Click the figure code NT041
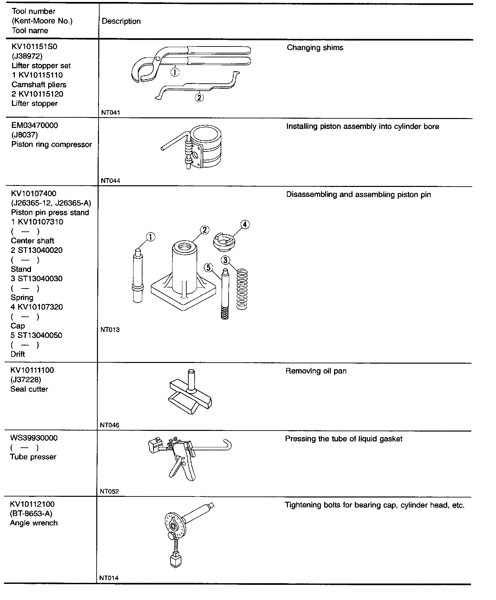tap(110, 113)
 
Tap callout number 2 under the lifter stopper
tap(199, 98)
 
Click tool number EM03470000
tap(35, 126)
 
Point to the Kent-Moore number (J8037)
tap(24, 135)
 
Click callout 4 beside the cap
tap(245, 225)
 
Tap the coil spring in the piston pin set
tap(242, 290)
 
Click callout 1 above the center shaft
tap(150, 237)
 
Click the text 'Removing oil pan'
tap(316, 371)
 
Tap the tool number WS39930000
tap(34, 438)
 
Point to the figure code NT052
tap(109, 492)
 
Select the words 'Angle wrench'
tap(34, 523)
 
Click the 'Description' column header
tap(121, 21)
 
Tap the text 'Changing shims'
tap(315, 48)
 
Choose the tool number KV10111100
tap(32, 370)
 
